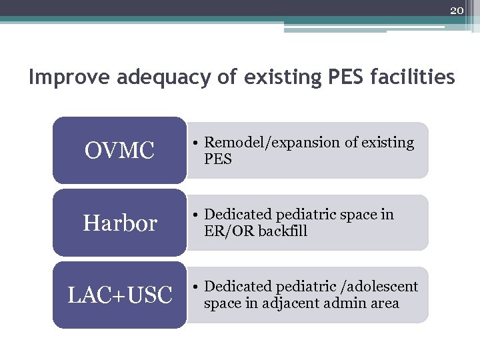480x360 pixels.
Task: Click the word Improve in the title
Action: pyautogui.click(x=70, y=78)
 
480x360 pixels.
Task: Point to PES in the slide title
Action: pyautogui.click(x=342, y=78)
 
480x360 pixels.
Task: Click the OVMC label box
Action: pyautogui.click(x=119, y=151)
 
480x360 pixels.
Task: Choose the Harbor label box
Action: pyautogui.click(x=119, y=223)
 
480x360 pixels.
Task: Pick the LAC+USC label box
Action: pyautogui.click(x=119, y=295)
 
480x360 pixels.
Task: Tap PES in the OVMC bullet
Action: pyautogui.click(x=218, y=159)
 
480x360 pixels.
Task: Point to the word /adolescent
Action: pyautogui.click(x=379, y=287)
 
